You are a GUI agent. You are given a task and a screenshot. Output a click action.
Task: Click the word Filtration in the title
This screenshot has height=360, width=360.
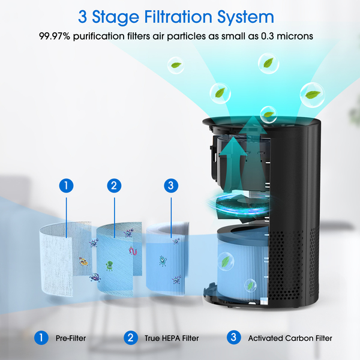tap(178, 17)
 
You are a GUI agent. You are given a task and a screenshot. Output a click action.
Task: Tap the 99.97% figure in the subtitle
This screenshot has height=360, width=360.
tap(55, 36)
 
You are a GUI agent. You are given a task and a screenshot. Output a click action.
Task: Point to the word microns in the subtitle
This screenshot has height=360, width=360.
tap(295, 36)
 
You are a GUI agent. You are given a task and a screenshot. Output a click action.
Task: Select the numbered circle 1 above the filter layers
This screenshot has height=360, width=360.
tap(67, 185)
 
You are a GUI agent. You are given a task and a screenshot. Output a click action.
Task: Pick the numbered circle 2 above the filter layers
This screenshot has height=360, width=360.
tap(114, 185)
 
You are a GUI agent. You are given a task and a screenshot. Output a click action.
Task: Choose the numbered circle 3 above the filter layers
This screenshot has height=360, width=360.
tap(171, 185)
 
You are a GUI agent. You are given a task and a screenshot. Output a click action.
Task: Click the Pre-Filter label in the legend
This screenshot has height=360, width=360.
tap(71, 338)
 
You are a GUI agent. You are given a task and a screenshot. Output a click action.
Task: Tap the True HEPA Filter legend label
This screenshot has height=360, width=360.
tap(172, 338)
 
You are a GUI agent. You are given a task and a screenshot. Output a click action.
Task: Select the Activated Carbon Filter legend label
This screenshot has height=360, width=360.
tap(290, 338)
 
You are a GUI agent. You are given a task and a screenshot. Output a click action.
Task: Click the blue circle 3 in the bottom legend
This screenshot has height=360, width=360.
tap(234, 337)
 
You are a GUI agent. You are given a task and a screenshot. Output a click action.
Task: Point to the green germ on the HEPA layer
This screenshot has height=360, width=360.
tap(109, 266)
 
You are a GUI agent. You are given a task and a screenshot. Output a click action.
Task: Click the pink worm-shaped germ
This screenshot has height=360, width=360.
tap(133, 251)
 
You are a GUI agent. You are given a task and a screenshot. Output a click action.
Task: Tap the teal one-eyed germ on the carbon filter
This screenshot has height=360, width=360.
tap(163, 261)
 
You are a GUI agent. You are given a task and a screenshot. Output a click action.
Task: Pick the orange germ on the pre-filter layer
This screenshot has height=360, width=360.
tap(83, 261)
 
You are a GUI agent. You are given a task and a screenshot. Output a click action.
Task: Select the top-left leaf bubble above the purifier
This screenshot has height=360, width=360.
tap(176, 65)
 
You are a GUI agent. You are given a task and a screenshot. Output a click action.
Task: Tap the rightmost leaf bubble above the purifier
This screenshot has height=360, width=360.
tap(312, 95)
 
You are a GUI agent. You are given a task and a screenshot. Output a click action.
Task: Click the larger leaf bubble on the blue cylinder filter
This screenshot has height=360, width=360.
tap(226, 261)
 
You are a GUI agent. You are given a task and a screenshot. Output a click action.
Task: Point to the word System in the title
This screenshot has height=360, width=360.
tap(245, 17)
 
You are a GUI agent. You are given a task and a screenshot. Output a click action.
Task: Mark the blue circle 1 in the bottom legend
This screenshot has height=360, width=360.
tap(41, 337)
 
